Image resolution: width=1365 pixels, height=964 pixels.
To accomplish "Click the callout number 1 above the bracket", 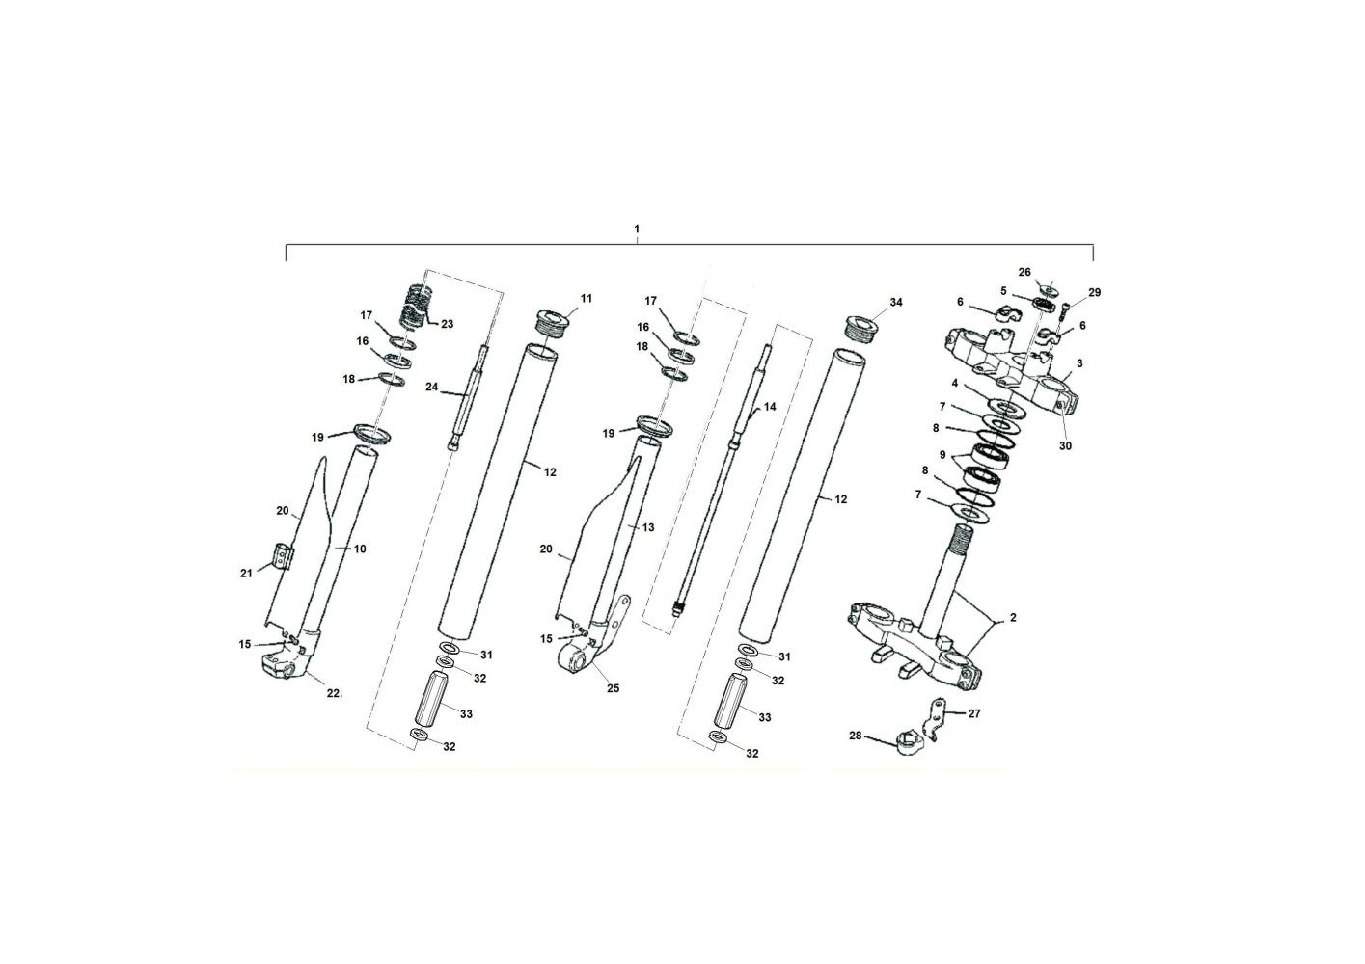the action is (x=637, y=229).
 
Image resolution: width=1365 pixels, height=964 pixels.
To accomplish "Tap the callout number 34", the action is (x=896, y=302).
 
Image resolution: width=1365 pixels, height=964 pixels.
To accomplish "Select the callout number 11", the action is (x=587, y=299).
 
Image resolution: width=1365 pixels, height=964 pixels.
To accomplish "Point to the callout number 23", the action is (x=448, y=324).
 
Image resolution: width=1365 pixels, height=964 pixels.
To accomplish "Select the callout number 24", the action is (x=431, y=387).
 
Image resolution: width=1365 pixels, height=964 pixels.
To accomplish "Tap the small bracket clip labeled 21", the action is (x=282, y=556).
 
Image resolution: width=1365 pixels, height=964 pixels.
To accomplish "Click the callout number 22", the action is (x=333, y=692).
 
